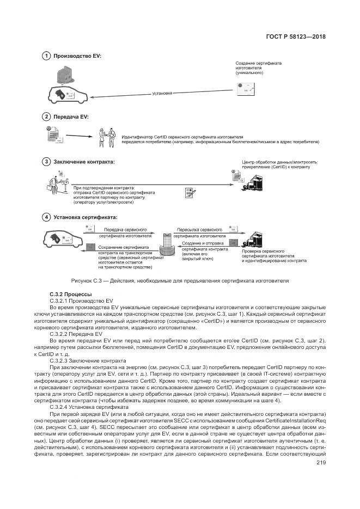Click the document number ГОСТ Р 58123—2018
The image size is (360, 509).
pyautogui.click(x=300, y=36)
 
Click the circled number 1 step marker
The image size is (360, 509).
pyautogui.click(x=47, y=56)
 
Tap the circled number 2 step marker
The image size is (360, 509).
pyautogui.click(x=47, y=117)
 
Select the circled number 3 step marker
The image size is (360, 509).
pyautogui.click(x=47, y=162)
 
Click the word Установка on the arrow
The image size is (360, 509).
pyautogui.click(x=162, y=93)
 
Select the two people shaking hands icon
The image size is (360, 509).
pyautogui.click(x=107, y=137)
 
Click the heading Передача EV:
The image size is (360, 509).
pyautogui.click(x=70, y=117)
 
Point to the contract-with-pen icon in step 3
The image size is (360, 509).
pyautogui.click(x=190, y=192)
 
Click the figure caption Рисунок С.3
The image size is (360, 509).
pyautogui.click(x=180, y=280)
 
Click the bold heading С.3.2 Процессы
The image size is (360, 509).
pyautogui.click(x=68, y=294)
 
